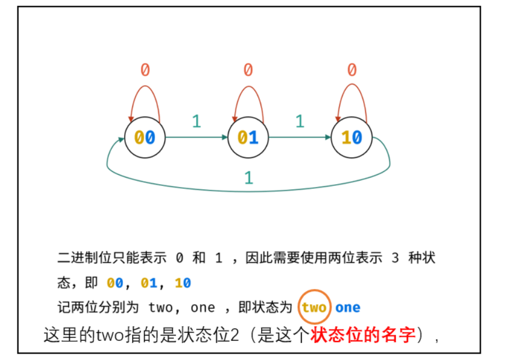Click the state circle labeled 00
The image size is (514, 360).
pyautogui.click(x=145, y=137)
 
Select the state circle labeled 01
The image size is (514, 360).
pyautogui.click(x=248, y=137)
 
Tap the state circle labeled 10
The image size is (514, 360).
pyautogui.click(x=351, y=137)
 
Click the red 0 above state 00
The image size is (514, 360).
pyautogui.click(x=145, y=70)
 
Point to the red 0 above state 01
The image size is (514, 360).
pyautogui.click(x=248, y=70)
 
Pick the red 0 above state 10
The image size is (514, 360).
pyautogui.click(x=352, y=70)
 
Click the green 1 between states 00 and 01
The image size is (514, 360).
pyautogui.click(x=196, y=121)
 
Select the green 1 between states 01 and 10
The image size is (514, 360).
pyautogui.click(x=300, y=121)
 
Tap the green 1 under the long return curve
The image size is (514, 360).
pyautogui.click(x=249, y=178)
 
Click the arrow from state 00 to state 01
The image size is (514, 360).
pyautogui.click(x=196, y=138)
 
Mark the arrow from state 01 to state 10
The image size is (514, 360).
pyautogui.click(x=300, y=138)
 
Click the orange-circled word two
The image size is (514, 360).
pyautogui.click(x=314, y=307)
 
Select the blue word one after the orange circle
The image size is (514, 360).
pyautogui.click(x=348, y=307)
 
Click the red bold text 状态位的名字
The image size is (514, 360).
pyautogui.click(x=362, y=336)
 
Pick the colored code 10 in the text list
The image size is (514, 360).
pyautogui.click(x=183, y=283)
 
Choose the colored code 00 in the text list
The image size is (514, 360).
pyautogui.click(x=115, y=283)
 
